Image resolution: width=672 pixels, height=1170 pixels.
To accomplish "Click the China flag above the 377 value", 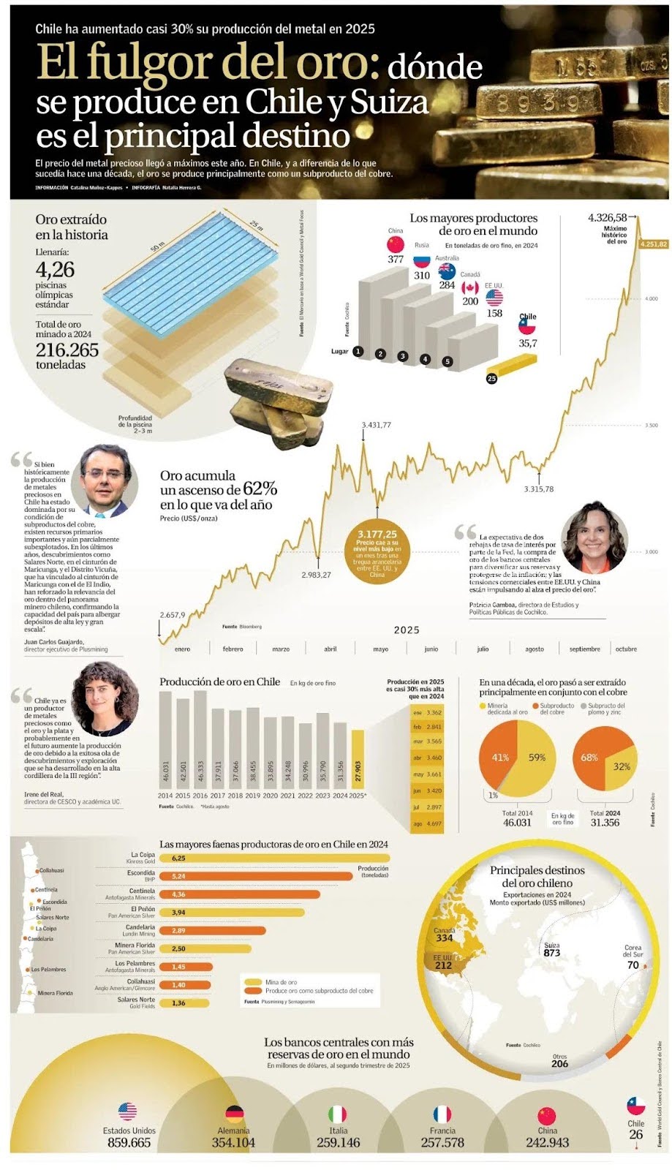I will [396, 244].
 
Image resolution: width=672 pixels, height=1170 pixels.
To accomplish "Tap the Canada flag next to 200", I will [470, 288].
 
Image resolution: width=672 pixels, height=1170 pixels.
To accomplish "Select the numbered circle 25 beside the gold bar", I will [491, 378].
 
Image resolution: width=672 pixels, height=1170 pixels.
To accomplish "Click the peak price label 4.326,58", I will [608, 218].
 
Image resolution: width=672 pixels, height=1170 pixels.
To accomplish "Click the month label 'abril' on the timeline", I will [331, 649].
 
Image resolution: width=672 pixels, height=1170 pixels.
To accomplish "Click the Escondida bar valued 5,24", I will [256, 876].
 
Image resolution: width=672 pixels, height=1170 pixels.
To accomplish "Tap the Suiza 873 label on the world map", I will [552, 950].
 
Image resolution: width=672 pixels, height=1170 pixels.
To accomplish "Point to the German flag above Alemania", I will [233, 1114].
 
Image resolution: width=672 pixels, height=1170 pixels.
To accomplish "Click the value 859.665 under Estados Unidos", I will [129, 1143].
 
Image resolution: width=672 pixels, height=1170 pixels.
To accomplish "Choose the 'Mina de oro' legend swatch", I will [253, 982].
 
